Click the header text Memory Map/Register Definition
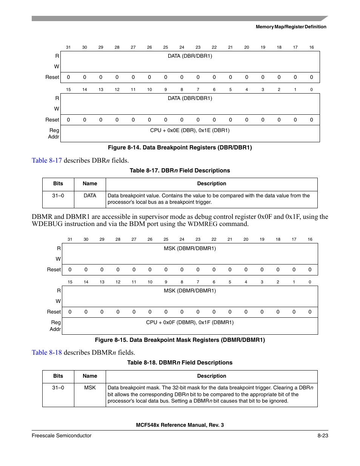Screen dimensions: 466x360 tap(291, 27)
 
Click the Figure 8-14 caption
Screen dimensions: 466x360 tap(180, 148)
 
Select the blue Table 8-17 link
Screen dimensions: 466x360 tap(47, 160)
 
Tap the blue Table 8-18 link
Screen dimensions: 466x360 tap(47, 352)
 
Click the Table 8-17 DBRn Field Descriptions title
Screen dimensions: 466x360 tap(180, 171)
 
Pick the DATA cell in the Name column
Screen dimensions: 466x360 tap(90, 195)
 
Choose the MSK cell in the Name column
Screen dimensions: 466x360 tap(90, 388)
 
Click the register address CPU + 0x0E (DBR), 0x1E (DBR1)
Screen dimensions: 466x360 tap(190, 130)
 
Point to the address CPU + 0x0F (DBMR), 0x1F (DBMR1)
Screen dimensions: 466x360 tap(190, 322)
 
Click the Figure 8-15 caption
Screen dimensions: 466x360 tap(180, 340)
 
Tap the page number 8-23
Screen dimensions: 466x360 tap(323, 435)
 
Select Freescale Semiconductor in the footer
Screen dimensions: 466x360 tap(62, 435)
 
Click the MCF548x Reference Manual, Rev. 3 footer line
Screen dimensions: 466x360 tap(180, 425)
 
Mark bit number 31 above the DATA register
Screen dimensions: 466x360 tap(68, 47)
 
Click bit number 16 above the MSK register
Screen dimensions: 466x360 tap(310, 239)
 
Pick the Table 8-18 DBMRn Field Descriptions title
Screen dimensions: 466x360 tap(180, 363)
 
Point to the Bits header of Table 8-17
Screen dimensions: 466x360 tap(58, 184)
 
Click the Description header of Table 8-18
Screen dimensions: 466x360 tap(212, 376)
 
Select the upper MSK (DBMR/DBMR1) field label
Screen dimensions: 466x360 tap(190, 248)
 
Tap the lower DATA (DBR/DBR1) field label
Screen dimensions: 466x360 tap(190, 98)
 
